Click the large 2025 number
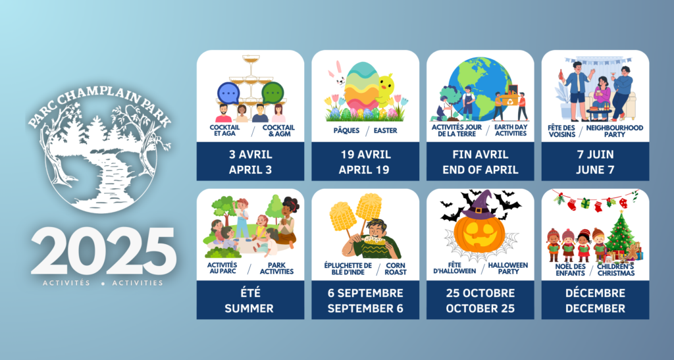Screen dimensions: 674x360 (x=103, y=252)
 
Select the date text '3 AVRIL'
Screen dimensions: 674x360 (x=250, y=154)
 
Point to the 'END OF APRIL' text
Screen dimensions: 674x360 (x=480, y=170)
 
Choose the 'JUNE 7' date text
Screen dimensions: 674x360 (x=595, y=170)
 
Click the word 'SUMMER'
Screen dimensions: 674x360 (x=249, y=309)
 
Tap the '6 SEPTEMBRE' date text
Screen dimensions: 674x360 (x=365, y=293)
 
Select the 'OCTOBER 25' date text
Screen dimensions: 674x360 (x=480, y=309)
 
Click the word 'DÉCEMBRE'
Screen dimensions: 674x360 (x=595, y=293)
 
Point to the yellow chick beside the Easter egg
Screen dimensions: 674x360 (x=385, y=90)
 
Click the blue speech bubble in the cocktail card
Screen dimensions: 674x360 (x=228, y=93)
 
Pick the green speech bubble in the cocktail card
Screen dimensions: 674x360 (x=273, y=92)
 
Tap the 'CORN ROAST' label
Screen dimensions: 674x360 (x=396, y=269)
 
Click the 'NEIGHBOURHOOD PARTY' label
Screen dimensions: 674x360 (x=615, y=131)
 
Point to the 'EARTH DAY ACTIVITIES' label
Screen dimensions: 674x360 (x=511, y=130)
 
